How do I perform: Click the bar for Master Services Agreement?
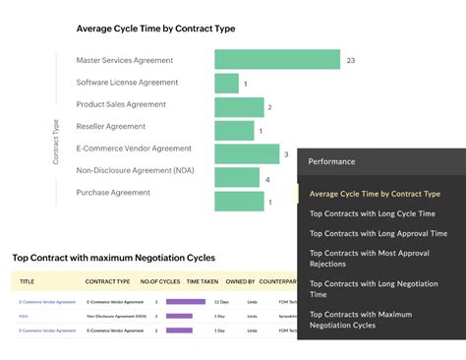(x=277, y=60)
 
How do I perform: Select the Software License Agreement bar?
(x=226, y=83)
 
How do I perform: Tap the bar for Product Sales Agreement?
(x=239, y=106)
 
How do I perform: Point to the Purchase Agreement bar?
(x=239, y=201)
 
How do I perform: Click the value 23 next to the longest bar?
(x=351, y=61)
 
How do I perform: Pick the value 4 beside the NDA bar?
(x=267, y=179)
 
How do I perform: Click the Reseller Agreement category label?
(x=111, y=127)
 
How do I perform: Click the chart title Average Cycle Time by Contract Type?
(x=155, y=29)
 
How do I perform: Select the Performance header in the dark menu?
(x=331, y=161)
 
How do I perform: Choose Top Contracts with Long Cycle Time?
(x=371, y=213)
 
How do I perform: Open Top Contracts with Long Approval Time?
(x=378, y=234)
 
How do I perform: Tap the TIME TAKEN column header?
(x=203, y=282)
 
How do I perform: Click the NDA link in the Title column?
(x=24, y=317)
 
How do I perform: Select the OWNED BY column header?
(x=240, y=282)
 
